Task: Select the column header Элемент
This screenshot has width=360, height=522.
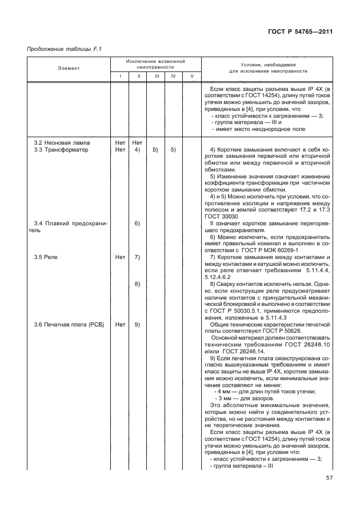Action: pyautogui.click(x=68, y=68)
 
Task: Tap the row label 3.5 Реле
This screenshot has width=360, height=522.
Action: pyautogui.click(x=46, y=257)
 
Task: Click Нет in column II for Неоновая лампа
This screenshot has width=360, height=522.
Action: pyautogui.click(x=137, y=141)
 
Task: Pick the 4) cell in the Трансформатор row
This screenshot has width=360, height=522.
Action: pyautogui.click(x=137, y=149)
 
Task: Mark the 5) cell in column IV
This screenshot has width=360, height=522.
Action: pyautogui.click(x=173, y=149)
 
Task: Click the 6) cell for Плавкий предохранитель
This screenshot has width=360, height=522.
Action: pyautogui.click(x=137, y=224)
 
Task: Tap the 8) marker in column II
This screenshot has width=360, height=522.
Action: pyautogui.click(x=137, y=284)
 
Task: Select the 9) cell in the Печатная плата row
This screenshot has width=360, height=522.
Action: pyautogui.click(x=137, y=325)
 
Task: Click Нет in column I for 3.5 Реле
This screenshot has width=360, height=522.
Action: pyautogui.click(x=120, y=257)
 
